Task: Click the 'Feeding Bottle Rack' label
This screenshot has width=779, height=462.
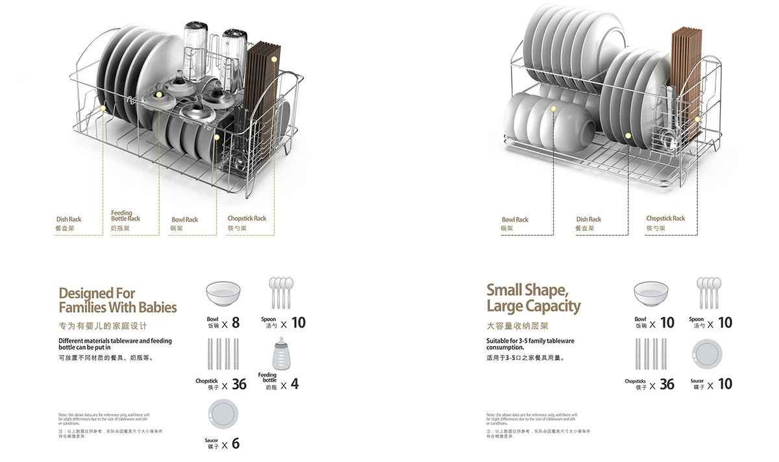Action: [125, 215]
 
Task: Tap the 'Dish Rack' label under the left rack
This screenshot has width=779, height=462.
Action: [69, 219]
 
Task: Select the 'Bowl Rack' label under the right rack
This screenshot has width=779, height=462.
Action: [515, 219]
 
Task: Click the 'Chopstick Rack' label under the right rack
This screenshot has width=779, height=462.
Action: [665, 218]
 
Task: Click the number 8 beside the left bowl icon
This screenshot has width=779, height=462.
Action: [235, 322]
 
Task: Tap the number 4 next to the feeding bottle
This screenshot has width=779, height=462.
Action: [294, 384]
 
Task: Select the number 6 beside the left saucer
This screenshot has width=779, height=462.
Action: [235, 444]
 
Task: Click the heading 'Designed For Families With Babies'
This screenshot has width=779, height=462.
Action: [117, 300]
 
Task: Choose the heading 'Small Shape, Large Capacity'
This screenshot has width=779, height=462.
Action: [534, 297]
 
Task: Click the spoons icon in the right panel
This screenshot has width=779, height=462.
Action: [709, 292]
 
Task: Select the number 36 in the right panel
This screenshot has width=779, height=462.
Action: [667, 384]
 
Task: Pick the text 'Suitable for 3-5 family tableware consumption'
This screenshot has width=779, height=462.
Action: [530, 344]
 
